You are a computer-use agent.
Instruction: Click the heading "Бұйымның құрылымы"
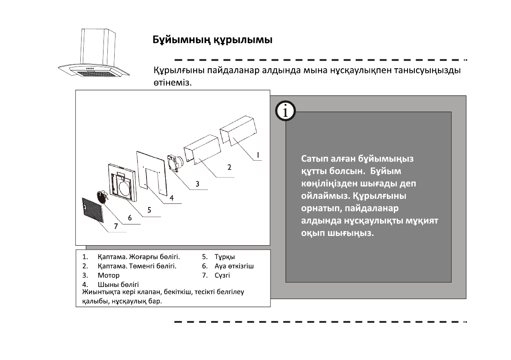click(x=213, y=40)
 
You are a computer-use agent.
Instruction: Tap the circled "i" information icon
click(x=285, y=111)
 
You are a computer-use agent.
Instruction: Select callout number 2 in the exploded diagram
click(x=229, y=167)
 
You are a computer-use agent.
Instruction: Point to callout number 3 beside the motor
click(x=197, y=184)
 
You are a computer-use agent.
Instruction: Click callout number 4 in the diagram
click(x=171, y=198)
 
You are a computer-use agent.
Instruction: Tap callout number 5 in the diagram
click(x=149, y=210)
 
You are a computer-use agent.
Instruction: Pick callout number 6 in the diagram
click(x=129, y=220)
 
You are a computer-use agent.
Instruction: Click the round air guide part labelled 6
click(x=102, y=197)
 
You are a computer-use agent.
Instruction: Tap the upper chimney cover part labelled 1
click(x=238, y=128)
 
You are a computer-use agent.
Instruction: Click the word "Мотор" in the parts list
click(x=109, y=275)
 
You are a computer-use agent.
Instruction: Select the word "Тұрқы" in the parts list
click(x=225, y=257)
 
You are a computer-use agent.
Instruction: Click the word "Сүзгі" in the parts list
click(x=222, y=275)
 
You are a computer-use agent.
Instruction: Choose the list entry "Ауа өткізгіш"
click(x=234, y=266)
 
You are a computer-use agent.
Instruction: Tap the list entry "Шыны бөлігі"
click(x=118, y=284)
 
